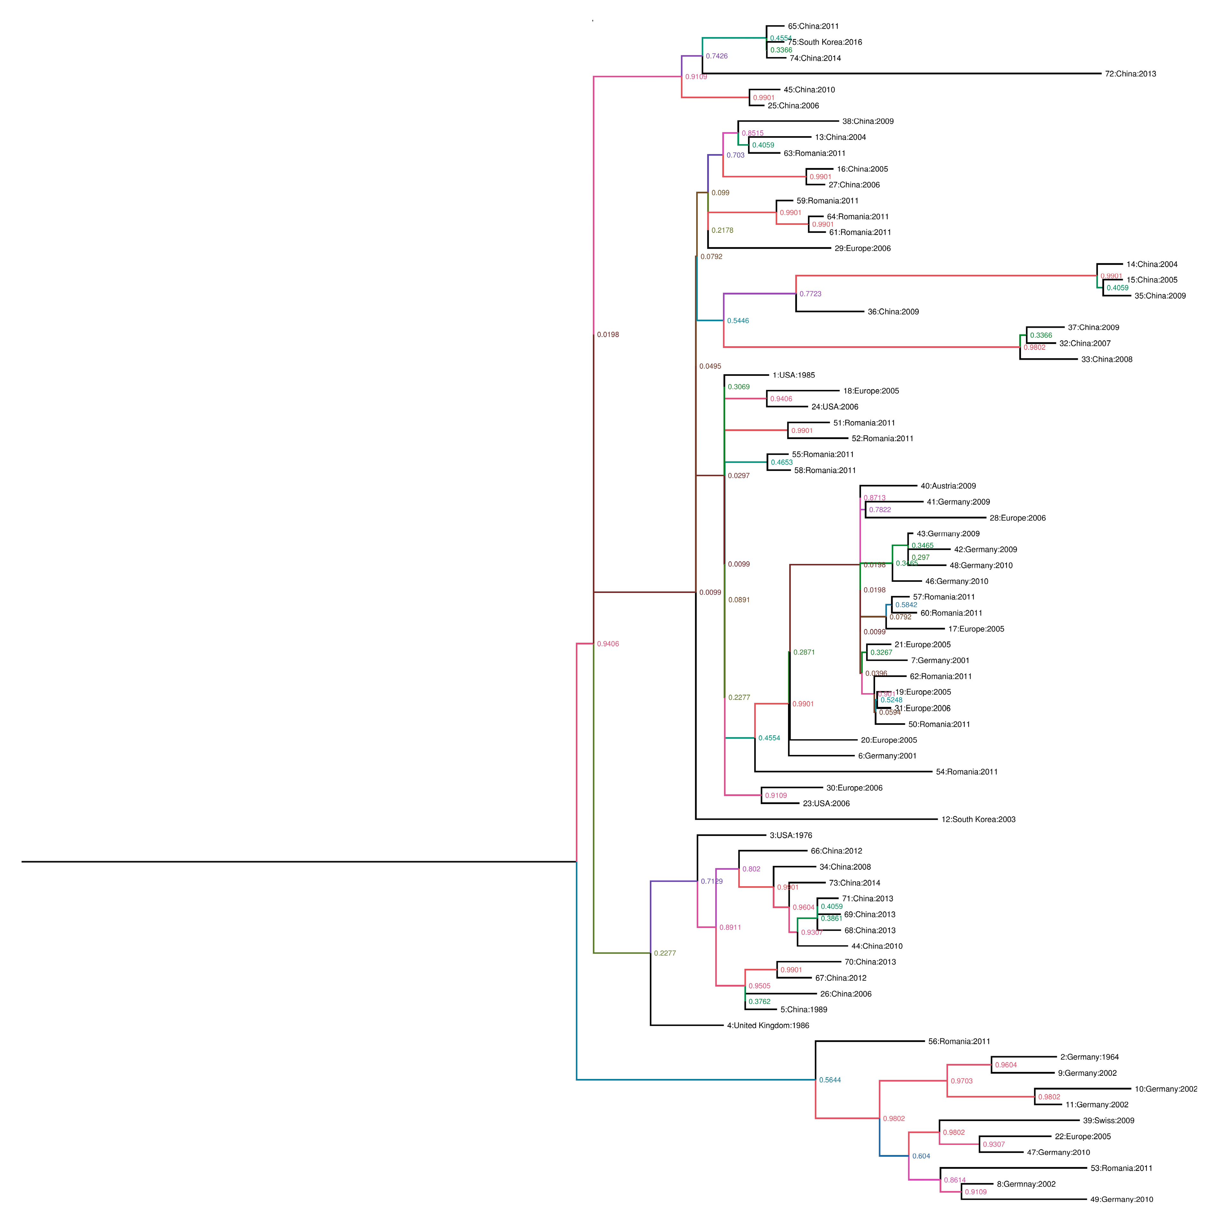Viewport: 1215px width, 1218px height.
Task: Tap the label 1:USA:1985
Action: (793, 375)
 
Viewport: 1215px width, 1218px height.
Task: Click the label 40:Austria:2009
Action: (948, 486)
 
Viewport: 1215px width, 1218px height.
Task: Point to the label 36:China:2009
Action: (893, 312)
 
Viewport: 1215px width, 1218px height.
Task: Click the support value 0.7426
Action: (717, 56)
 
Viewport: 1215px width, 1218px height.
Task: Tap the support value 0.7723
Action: (810, 294)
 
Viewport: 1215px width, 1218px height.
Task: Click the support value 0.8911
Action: (730, 927)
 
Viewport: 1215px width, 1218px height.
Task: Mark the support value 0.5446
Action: (738, 321)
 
